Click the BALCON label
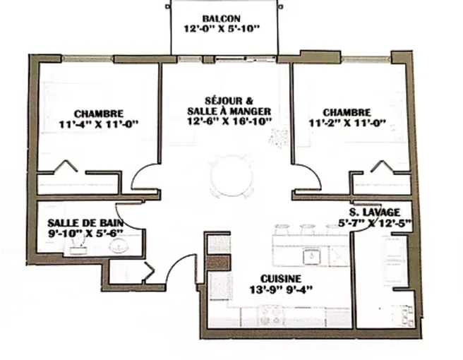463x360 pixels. coord(222,18)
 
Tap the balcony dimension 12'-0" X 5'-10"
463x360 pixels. coord(222,29)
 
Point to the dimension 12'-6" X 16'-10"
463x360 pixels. coord(229,121)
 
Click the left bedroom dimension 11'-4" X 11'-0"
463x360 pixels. coord(99,124)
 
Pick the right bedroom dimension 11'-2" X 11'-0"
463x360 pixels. coord(347,123)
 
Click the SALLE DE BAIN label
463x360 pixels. coord(85,222)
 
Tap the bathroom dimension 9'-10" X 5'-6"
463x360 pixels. coord(85,234)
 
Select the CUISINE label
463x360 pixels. coord(281,279)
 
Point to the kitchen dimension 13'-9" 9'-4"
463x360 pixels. coord(281,289)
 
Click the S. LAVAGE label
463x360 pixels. coord(375,212)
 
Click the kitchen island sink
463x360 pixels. coord(311,256)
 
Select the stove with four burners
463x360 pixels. coord(271,316)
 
